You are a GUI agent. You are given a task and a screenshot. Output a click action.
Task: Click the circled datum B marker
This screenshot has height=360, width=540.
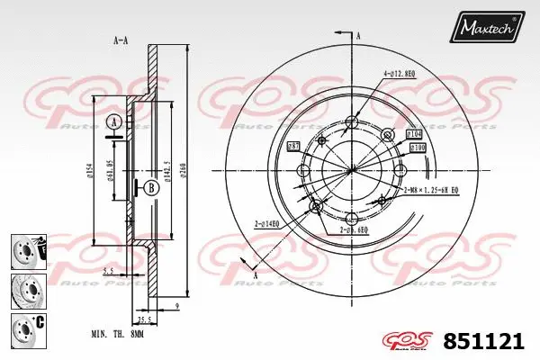(150, 187)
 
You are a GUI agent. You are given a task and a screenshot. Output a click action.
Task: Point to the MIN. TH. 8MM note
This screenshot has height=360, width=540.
(117, 333)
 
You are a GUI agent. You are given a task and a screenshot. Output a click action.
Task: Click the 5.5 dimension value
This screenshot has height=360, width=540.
(107, 269)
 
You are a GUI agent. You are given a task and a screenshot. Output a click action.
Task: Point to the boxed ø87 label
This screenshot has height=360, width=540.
(292, 146)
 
